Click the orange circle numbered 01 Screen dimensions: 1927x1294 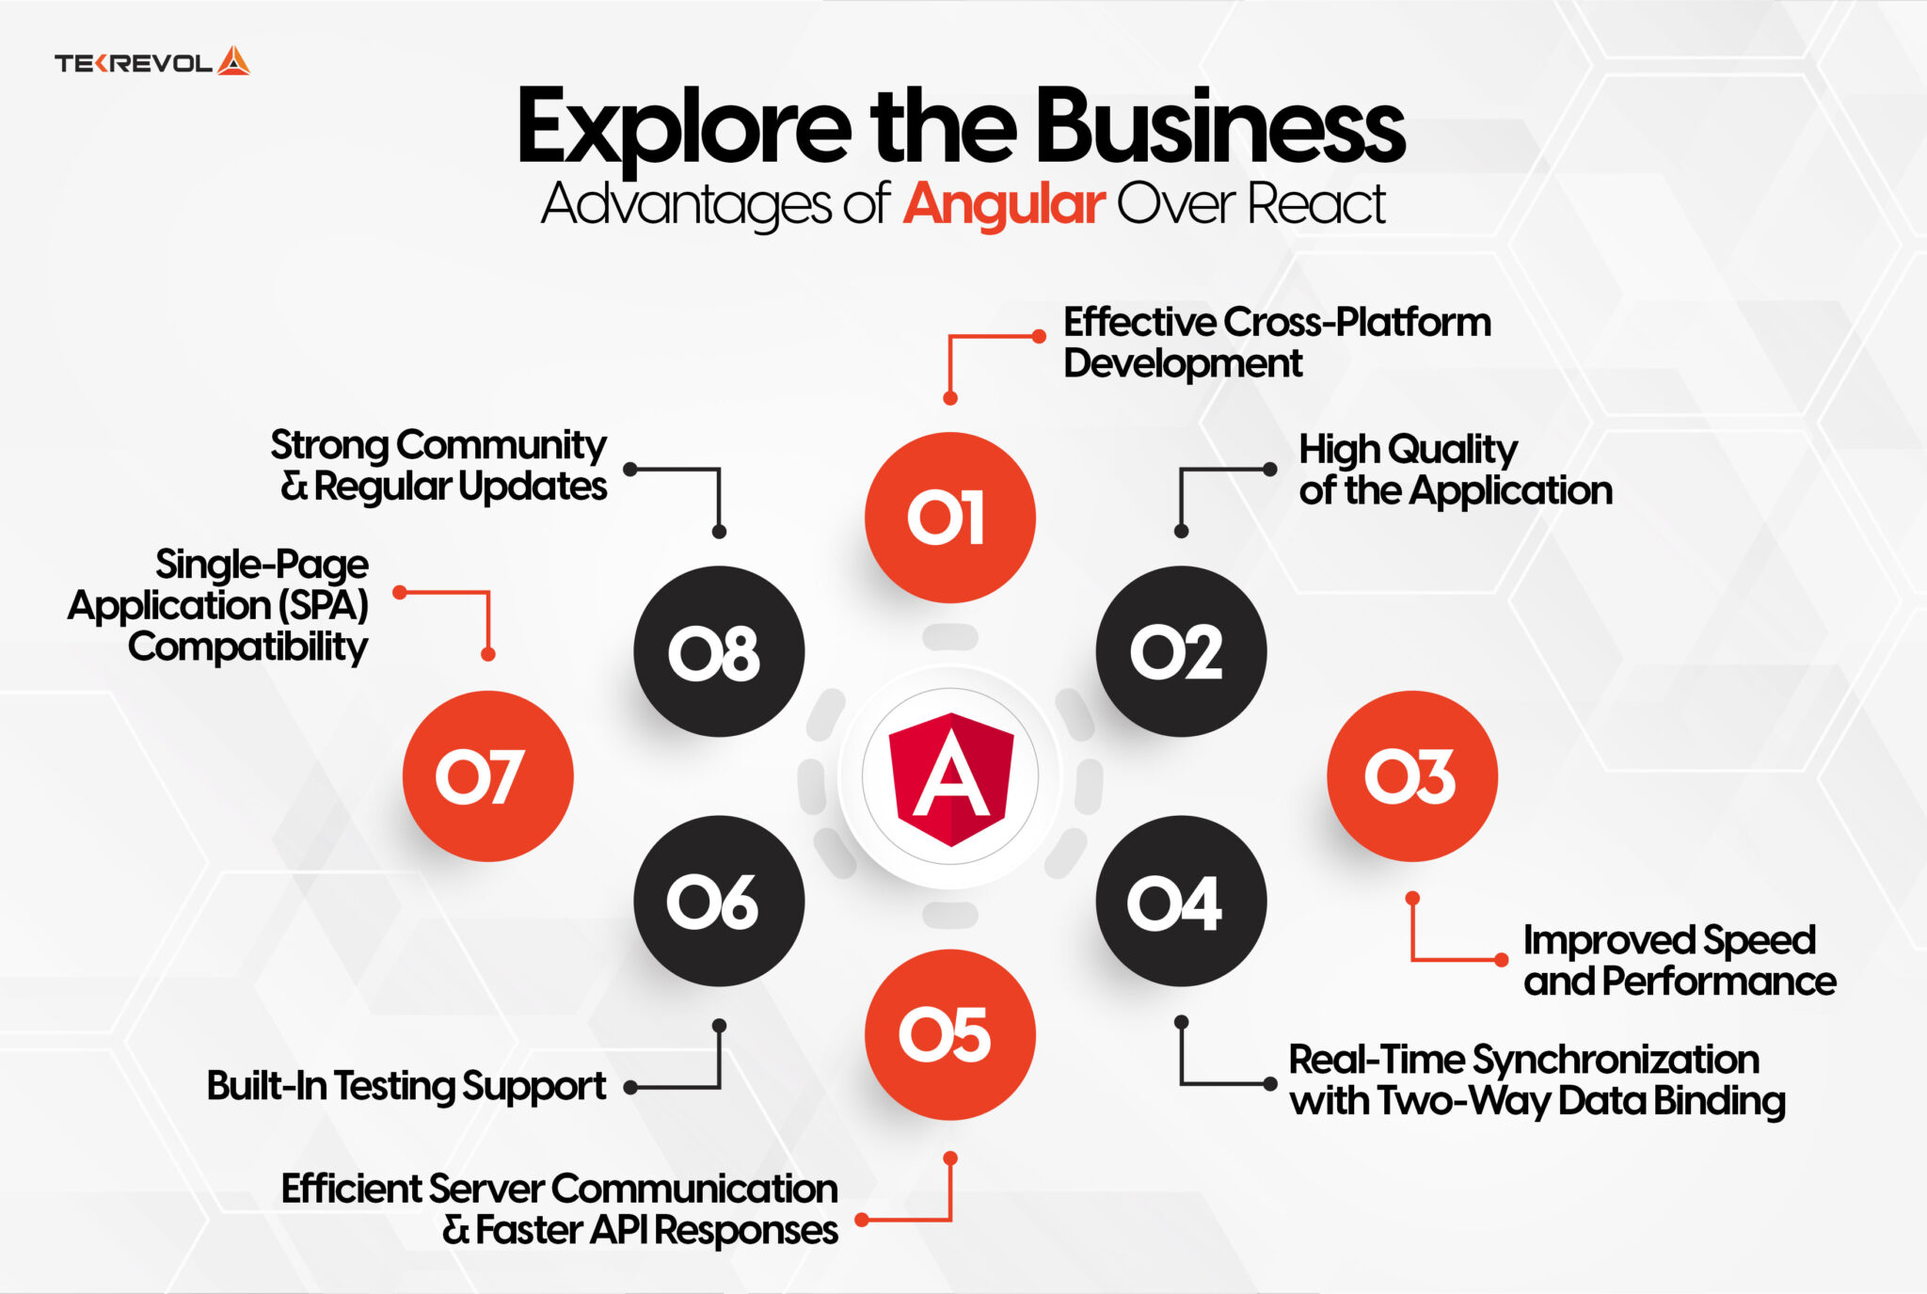pyautogui.click(x=949, y=518)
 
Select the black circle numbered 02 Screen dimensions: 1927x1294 pyautogui.click(x=1181, y=651)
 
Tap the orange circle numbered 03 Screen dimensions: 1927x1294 pyautogui.click(x=1411, y=776)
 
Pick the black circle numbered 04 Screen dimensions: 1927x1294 pyautogui.click(x=1181, y=901)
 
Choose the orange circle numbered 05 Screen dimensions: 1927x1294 pyautogui.click(x=949, y=1034)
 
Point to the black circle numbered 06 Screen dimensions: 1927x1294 pyautogui.click(x=719, y=901)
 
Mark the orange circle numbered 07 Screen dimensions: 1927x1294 pyautogui.click(x=487, y=776)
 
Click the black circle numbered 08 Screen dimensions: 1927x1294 pyautogui.click(x=719, y=651)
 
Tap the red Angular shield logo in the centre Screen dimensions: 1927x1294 pyautogui.click(x=950, y=778)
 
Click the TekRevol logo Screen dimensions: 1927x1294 pyautogui.click(x=151, y=62)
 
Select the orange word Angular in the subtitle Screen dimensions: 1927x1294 pyautogui.click(x=1004, y=204)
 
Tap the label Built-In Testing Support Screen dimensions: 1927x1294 pyautogui.click(x=406, y=1086)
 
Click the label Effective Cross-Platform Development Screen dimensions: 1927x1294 pyautogui.click(x=1277, y=343)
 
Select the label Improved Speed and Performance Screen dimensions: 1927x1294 pyautogui.click(x=1680, y=960)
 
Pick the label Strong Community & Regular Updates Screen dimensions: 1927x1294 pyautogui.click(x=438, y=465)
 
